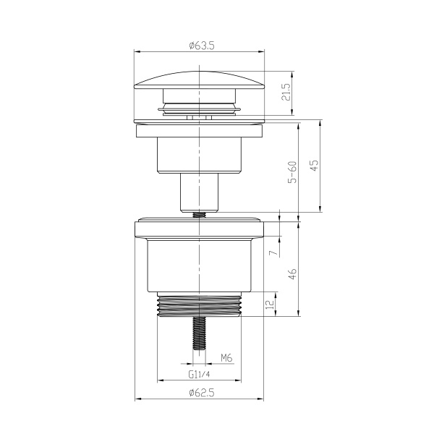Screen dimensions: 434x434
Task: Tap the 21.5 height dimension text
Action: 286,93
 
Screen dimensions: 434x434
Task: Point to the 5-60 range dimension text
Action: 292,172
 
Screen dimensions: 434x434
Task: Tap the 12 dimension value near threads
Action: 270,305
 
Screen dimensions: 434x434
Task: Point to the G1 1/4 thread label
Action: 199,375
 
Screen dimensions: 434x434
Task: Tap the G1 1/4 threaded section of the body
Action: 199,305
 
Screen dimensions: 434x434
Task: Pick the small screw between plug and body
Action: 199,213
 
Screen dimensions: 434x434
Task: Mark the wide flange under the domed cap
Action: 199,130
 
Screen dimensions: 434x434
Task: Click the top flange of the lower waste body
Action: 199,229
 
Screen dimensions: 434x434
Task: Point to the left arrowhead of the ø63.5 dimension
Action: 138,51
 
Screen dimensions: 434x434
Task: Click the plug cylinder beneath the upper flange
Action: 199,155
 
